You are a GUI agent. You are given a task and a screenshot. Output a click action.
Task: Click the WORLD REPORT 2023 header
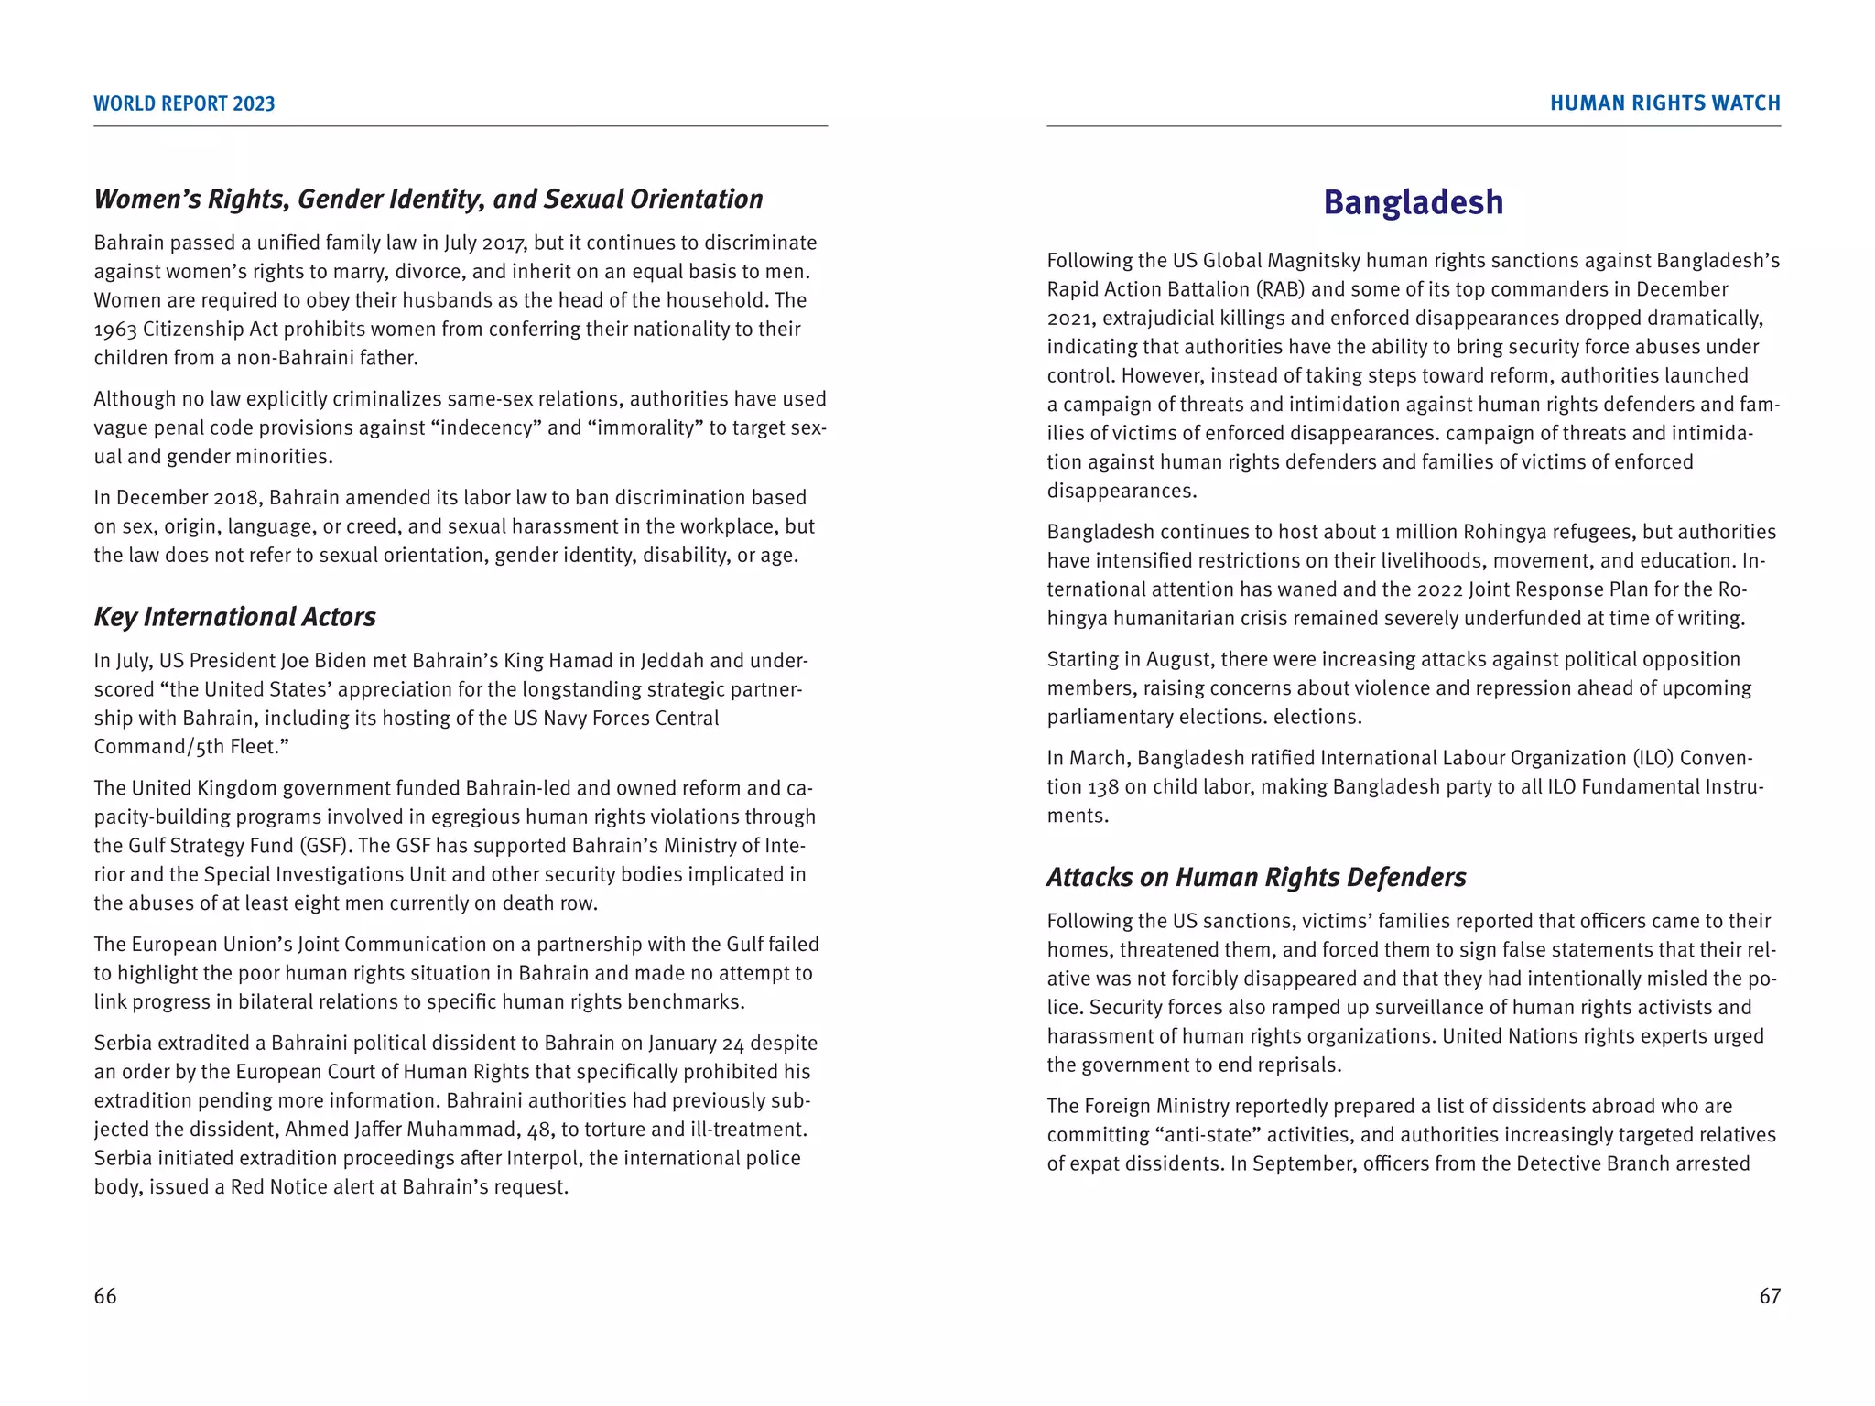click(x=184, y=103)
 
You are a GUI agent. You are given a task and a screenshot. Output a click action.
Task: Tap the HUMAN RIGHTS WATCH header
click(x=1664, y=103)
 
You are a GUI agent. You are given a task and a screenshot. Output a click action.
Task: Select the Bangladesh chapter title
click(x=1413, y=202)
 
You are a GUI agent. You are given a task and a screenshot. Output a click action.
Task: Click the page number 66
click(x=105, y=1296)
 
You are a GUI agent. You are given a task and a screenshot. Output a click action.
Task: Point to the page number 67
click(x=1770, y=1296)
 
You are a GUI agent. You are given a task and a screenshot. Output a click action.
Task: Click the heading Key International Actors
click(x=234, y=617)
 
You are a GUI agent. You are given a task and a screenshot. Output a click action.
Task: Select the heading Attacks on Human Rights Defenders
click(x=1256, y=878)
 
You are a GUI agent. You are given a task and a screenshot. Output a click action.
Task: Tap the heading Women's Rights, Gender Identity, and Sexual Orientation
click(x=428, y=200)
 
